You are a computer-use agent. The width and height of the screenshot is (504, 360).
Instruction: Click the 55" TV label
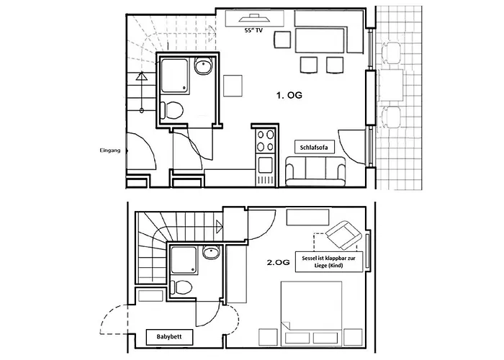(253, 30)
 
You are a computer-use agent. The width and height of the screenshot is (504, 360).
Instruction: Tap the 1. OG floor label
(289, 95)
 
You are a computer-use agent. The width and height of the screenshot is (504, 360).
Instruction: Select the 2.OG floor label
(279, 262)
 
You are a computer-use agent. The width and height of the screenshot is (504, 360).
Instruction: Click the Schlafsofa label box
(314, 147)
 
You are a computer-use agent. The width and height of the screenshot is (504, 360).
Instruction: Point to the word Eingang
(110, 150)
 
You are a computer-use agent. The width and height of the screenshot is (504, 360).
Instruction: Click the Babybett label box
(169, 336)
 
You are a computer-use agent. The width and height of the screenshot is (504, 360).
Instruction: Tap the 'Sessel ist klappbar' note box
(329, 261)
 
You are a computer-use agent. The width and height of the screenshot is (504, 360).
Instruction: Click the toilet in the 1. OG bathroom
(172, 110)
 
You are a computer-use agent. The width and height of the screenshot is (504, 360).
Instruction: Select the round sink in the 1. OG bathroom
(203, 66)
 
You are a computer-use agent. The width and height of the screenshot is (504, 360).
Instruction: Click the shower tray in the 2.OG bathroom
(183, 260)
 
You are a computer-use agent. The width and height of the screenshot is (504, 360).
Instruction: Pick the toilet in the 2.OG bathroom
(181, 287)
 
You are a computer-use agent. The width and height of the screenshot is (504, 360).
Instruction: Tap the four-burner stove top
(266, 140)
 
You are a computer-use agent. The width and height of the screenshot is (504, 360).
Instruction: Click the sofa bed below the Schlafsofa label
(315, 171)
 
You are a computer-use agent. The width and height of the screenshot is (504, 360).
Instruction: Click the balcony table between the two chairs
(392, 85)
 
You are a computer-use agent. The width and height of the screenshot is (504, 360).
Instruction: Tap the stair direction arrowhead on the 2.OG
(220, 227)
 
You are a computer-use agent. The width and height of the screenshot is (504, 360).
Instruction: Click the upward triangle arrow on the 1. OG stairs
(141, 76)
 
